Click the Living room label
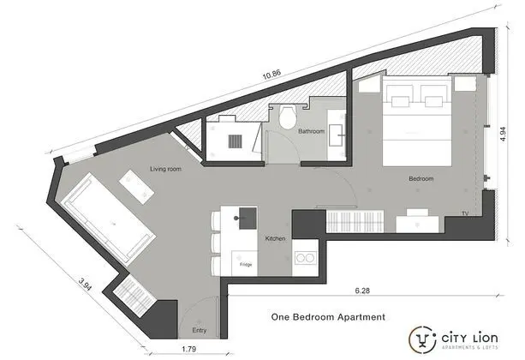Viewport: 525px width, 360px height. [x=165, y=169]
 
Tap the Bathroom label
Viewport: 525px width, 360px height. [x=312, y=131]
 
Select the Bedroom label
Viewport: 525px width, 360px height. [x=421, y=178]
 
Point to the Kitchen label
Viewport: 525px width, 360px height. [x=275, y=238]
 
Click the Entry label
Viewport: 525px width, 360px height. [x=200, y=330]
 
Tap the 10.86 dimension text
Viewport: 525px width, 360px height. [x=271, y=75]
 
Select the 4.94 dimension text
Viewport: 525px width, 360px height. [x=503, y=134]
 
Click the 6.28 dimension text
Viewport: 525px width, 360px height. [x=362, y=291]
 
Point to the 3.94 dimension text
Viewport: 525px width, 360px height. [x=85, y=285]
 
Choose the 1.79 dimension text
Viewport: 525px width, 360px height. [x=188, y=349]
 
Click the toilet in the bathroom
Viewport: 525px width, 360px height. [x=288, y=116]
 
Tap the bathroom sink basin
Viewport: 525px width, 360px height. [x=336, y=135]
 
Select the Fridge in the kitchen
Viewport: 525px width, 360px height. [x=245, y=263]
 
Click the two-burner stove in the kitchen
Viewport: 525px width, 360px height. [x=306, y=258]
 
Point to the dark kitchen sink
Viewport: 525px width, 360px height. [x=248, y=219]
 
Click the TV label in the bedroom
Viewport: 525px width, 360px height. [x=465, y=213]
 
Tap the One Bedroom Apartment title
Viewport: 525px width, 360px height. [x=328, y=317]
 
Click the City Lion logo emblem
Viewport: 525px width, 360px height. [x=422, y=339]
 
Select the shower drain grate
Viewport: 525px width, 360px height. [x=235, y=141]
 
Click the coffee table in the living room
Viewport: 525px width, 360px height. [x=137, y=187]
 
